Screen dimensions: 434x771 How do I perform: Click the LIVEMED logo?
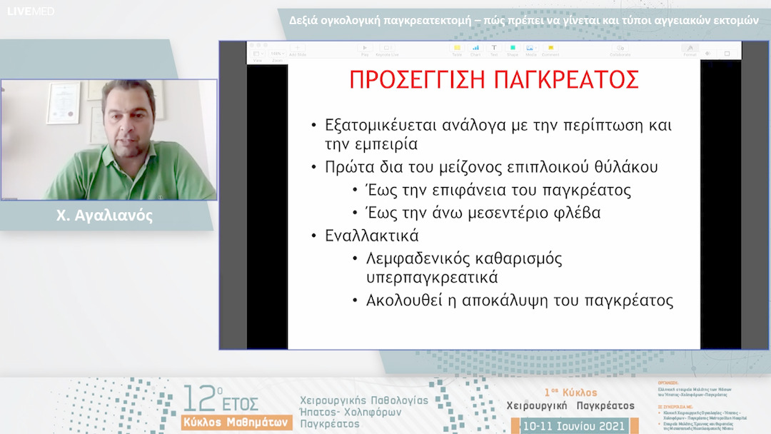tap(31, 11)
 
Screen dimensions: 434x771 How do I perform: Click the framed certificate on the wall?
tap(64, 104)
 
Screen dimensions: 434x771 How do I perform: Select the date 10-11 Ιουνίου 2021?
tap(574, 426)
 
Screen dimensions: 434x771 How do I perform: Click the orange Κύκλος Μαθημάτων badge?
tap(236, 422)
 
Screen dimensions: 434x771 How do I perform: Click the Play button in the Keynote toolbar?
tap(365, 49)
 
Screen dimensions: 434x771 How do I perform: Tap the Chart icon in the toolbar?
tap(475, 49)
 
